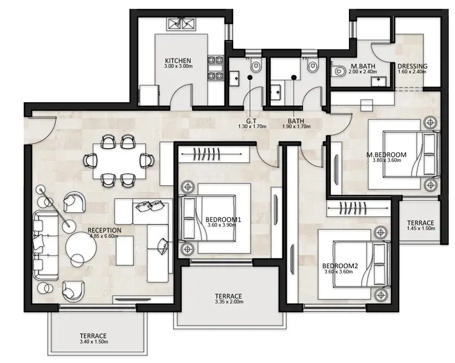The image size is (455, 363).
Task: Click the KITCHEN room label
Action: (178, 60)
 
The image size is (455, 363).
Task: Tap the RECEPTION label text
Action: (104, 230)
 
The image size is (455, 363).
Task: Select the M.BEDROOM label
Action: (386, 154)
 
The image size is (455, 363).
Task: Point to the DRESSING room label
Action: (412, 66)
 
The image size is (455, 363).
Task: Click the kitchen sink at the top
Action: (182, 24)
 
